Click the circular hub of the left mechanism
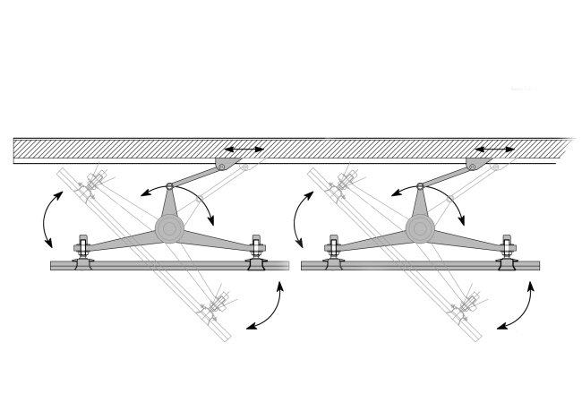pos(168,228)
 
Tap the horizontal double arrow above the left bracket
pos(243,148)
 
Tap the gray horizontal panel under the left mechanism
pos(170,266)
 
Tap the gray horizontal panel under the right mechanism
pos(421,266)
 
